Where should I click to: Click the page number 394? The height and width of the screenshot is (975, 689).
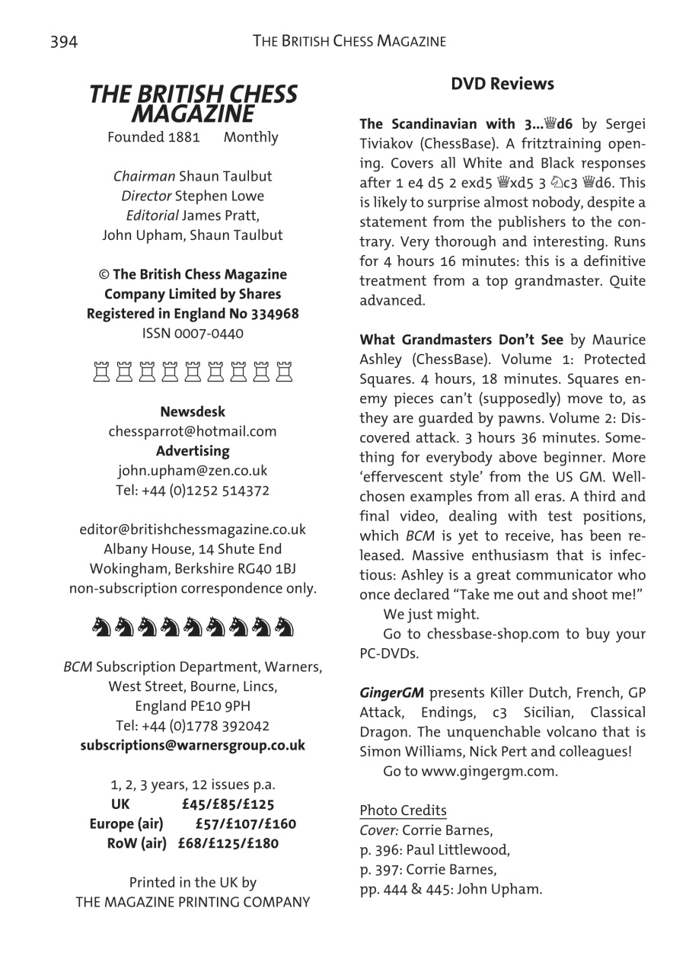tap(64, 41)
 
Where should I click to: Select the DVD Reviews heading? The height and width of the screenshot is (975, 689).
tap(502, 84)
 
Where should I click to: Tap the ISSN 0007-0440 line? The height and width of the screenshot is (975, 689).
tap(193, 333)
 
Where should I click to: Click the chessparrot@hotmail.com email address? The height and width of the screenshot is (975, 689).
tap(193, 431)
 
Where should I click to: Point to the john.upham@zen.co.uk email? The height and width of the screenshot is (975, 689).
tap(193, 471)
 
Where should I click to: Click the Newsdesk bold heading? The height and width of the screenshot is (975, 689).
tap(193, 412)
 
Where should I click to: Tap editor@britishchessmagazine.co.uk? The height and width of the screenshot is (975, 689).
tap(193, 529)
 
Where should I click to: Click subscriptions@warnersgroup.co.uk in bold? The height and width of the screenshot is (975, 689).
tap(193, 745)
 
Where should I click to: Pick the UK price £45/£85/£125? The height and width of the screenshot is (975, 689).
tap(228, 804)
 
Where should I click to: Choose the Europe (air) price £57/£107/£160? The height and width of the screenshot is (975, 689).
tap(245, 824)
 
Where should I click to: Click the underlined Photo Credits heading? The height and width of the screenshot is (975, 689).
tap(403, 810)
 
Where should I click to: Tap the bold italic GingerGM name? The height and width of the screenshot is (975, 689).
tap(391, 693)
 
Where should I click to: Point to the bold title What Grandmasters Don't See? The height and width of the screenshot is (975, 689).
tap(461, 340)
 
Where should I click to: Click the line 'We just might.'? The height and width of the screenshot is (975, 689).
tap(431, 614)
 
